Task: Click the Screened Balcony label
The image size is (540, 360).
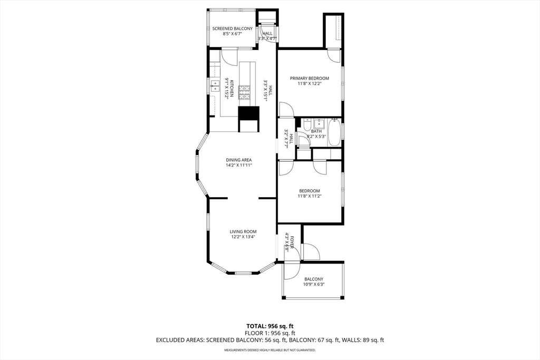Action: point(232,28)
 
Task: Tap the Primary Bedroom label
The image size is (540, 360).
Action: point(309,78)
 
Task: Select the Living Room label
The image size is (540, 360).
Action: point(243,231)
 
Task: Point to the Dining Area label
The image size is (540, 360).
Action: point(239,160)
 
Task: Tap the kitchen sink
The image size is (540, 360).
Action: point(216,86)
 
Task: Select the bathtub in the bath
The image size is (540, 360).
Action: point(334,132)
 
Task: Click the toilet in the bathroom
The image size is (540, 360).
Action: point(306,123)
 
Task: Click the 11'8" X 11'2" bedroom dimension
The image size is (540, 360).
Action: point(309,196)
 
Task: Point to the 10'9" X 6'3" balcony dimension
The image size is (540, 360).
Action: point(314,284)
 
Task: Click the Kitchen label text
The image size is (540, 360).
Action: point(232,89)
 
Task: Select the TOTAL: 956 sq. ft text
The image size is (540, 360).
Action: point(270,326)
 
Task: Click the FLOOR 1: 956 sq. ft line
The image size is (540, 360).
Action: point(270,333)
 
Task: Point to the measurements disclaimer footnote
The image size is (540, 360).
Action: point(270,350)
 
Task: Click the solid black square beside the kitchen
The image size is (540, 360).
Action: point(248,113)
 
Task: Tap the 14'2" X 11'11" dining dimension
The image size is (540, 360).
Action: point(239,165)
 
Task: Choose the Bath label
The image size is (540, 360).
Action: point(316,131)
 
